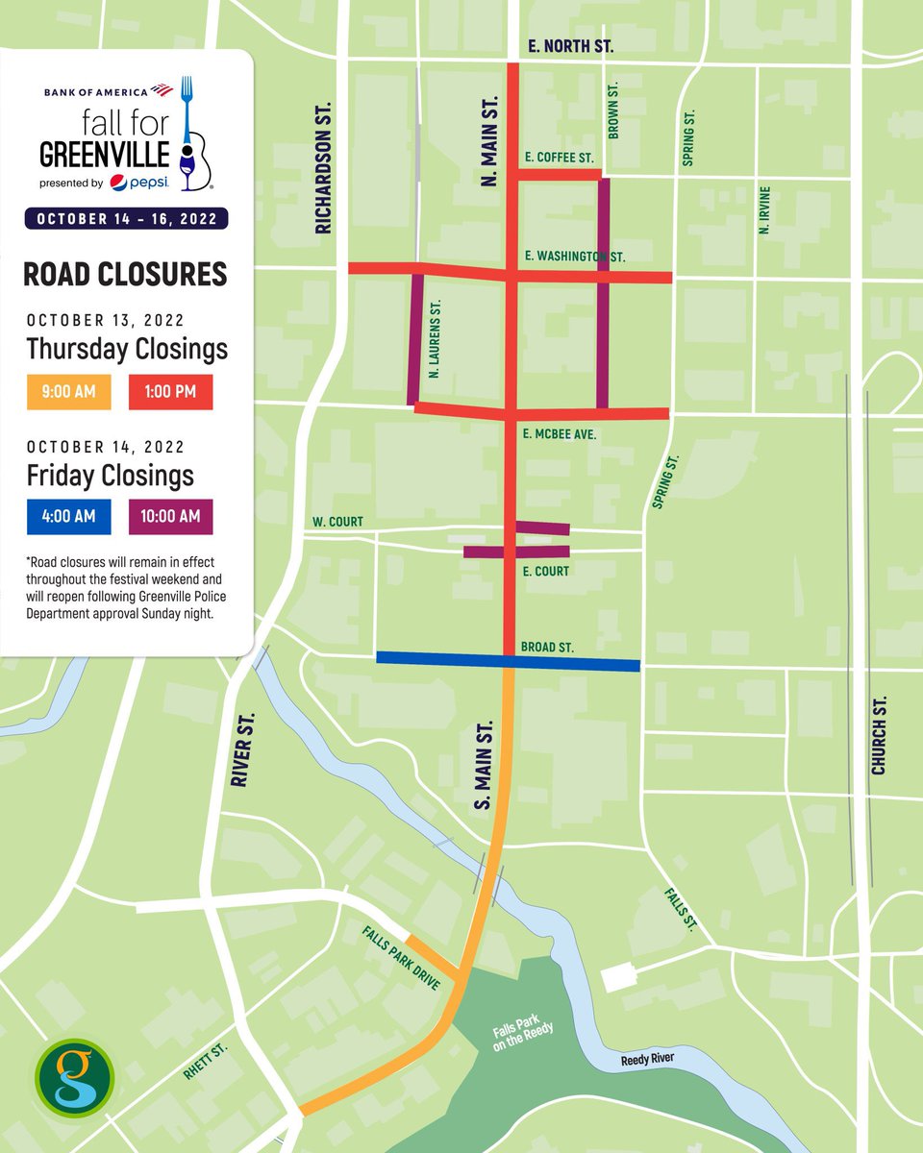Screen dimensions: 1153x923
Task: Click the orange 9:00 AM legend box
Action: coord(68,392)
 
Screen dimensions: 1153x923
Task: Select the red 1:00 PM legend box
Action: coord(170,392)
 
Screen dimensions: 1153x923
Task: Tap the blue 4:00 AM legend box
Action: coord(68,517)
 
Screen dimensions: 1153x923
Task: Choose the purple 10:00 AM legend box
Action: coord(170,517)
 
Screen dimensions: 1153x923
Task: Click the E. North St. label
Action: coord(570,45)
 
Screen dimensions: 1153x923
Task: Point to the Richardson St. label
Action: coord(323,168)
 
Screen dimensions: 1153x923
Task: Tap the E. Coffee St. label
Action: coord(560,157)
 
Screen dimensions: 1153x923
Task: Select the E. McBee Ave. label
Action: coord(561,434)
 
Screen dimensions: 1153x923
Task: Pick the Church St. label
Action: coord(878,737)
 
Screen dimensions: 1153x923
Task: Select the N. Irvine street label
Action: coord(763,211)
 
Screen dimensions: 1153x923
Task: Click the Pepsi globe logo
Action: coord(119,183)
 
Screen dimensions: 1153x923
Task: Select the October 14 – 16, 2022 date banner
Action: coord(127,218)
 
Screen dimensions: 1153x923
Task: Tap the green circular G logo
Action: coord(74,1079)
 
